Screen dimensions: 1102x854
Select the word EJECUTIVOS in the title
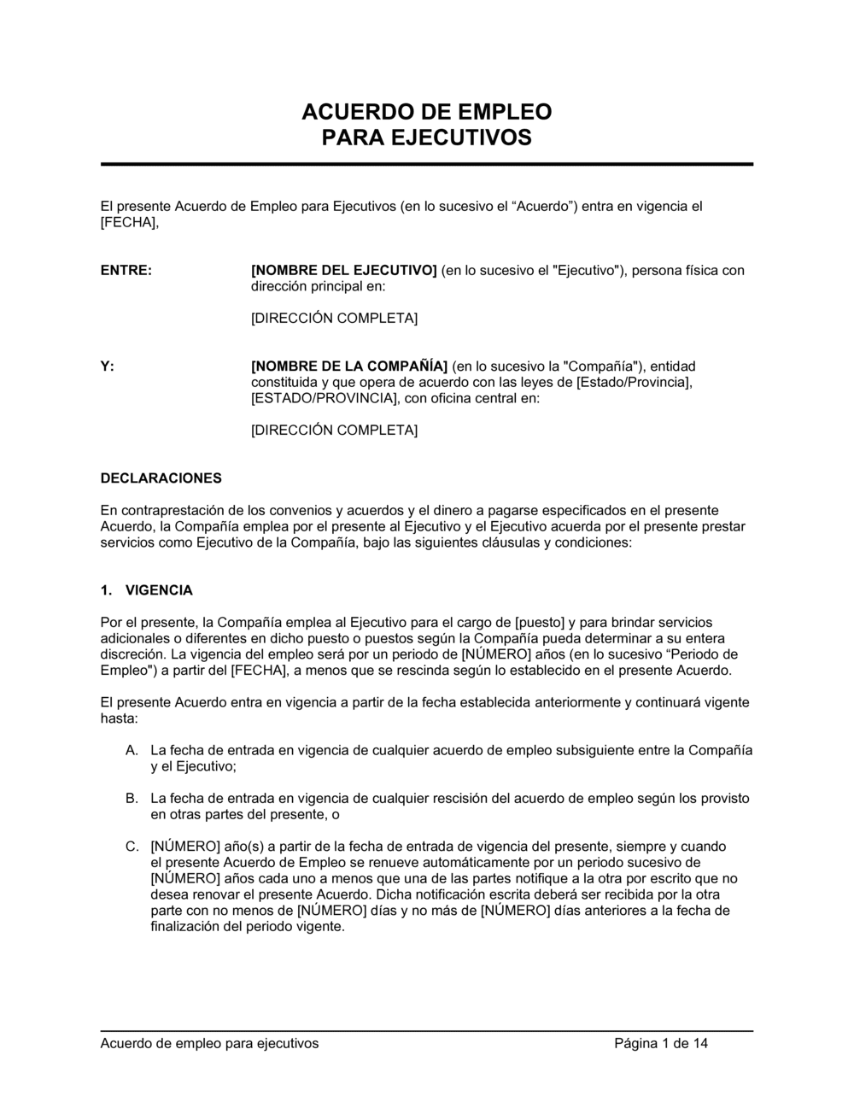coord(468,138)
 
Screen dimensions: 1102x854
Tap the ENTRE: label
coord(126,271)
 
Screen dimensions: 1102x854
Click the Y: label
coord(107,366)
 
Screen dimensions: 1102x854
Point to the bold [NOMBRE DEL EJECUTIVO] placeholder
coord(344,271)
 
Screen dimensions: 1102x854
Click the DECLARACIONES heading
coord(161,478)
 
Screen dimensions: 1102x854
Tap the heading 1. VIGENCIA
coord(147,590)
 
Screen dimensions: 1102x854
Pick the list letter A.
coord(132,751)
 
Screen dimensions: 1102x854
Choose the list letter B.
coord(132,799)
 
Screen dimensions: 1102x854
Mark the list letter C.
coord(132,847)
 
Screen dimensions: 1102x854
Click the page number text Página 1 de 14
coord(661,1043)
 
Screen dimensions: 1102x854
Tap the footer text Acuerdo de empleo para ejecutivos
coord(209,1043)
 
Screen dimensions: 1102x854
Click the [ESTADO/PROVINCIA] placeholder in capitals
coord(325,398)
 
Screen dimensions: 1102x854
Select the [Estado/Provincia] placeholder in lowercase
coord(635,383)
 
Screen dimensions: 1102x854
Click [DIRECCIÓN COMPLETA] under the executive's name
coord(334,319)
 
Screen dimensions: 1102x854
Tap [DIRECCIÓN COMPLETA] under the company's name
coord(334,431)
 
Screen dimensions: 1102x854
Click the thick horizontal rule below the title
coord(427,164)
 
